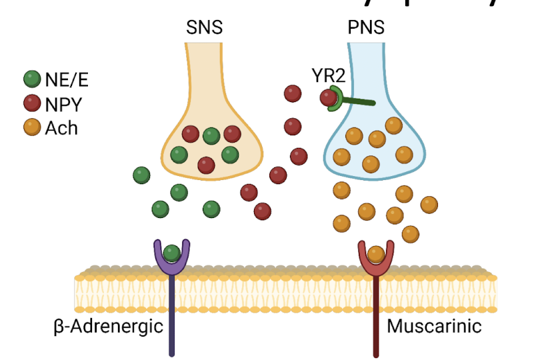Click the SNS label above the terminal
pos(204,29)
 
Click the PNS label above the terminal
pos(366,29)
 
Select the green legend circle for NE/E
pos(31,80)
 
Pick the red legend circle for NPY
pos(31,104)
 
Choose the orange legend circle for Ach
pos(31,127)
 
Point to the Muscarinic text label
pos(434,327)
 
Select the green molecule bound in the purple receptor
pos(172,253)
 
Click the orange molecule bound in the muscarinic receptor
pos(376,253)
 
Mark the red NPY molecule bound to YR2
pos(328,98)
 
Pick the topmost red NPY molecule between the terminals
pos(292,93)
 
